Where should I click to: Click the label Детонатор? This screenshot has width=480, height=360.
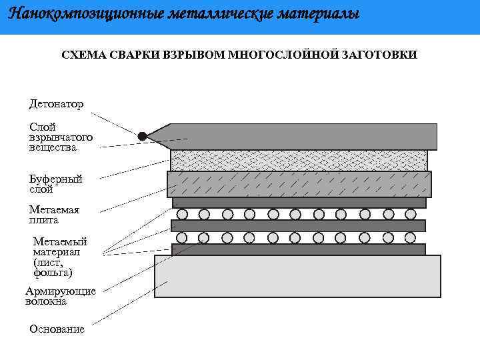(56, 104)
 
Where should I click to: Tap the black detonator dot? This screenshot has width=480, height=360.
(142, 136)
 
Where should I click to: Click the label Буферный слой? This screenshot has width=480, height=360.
(55, 184)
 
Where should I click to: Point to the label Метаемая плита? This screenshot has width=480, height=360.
(54, 215)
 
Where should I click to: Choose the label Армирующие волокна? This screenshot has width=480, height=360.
(61, 296)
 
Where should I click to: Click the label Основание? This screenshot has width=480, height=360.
(57, 329)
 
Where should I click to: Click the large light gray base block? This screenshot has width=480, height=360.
(297, 275)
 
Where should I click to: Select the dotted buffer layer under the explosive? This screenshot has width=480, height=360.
(299, 159)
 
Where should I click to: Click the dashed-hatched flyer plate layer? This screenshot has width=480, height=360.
(299, 184)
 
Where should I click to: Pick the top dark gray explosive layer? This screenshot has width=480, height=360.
(300, 136)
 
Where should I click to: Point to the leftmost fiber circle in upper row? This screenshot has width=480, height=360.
(181, 214)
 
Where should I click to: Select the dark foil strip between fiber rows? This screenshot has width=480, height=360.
(299, 225)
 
